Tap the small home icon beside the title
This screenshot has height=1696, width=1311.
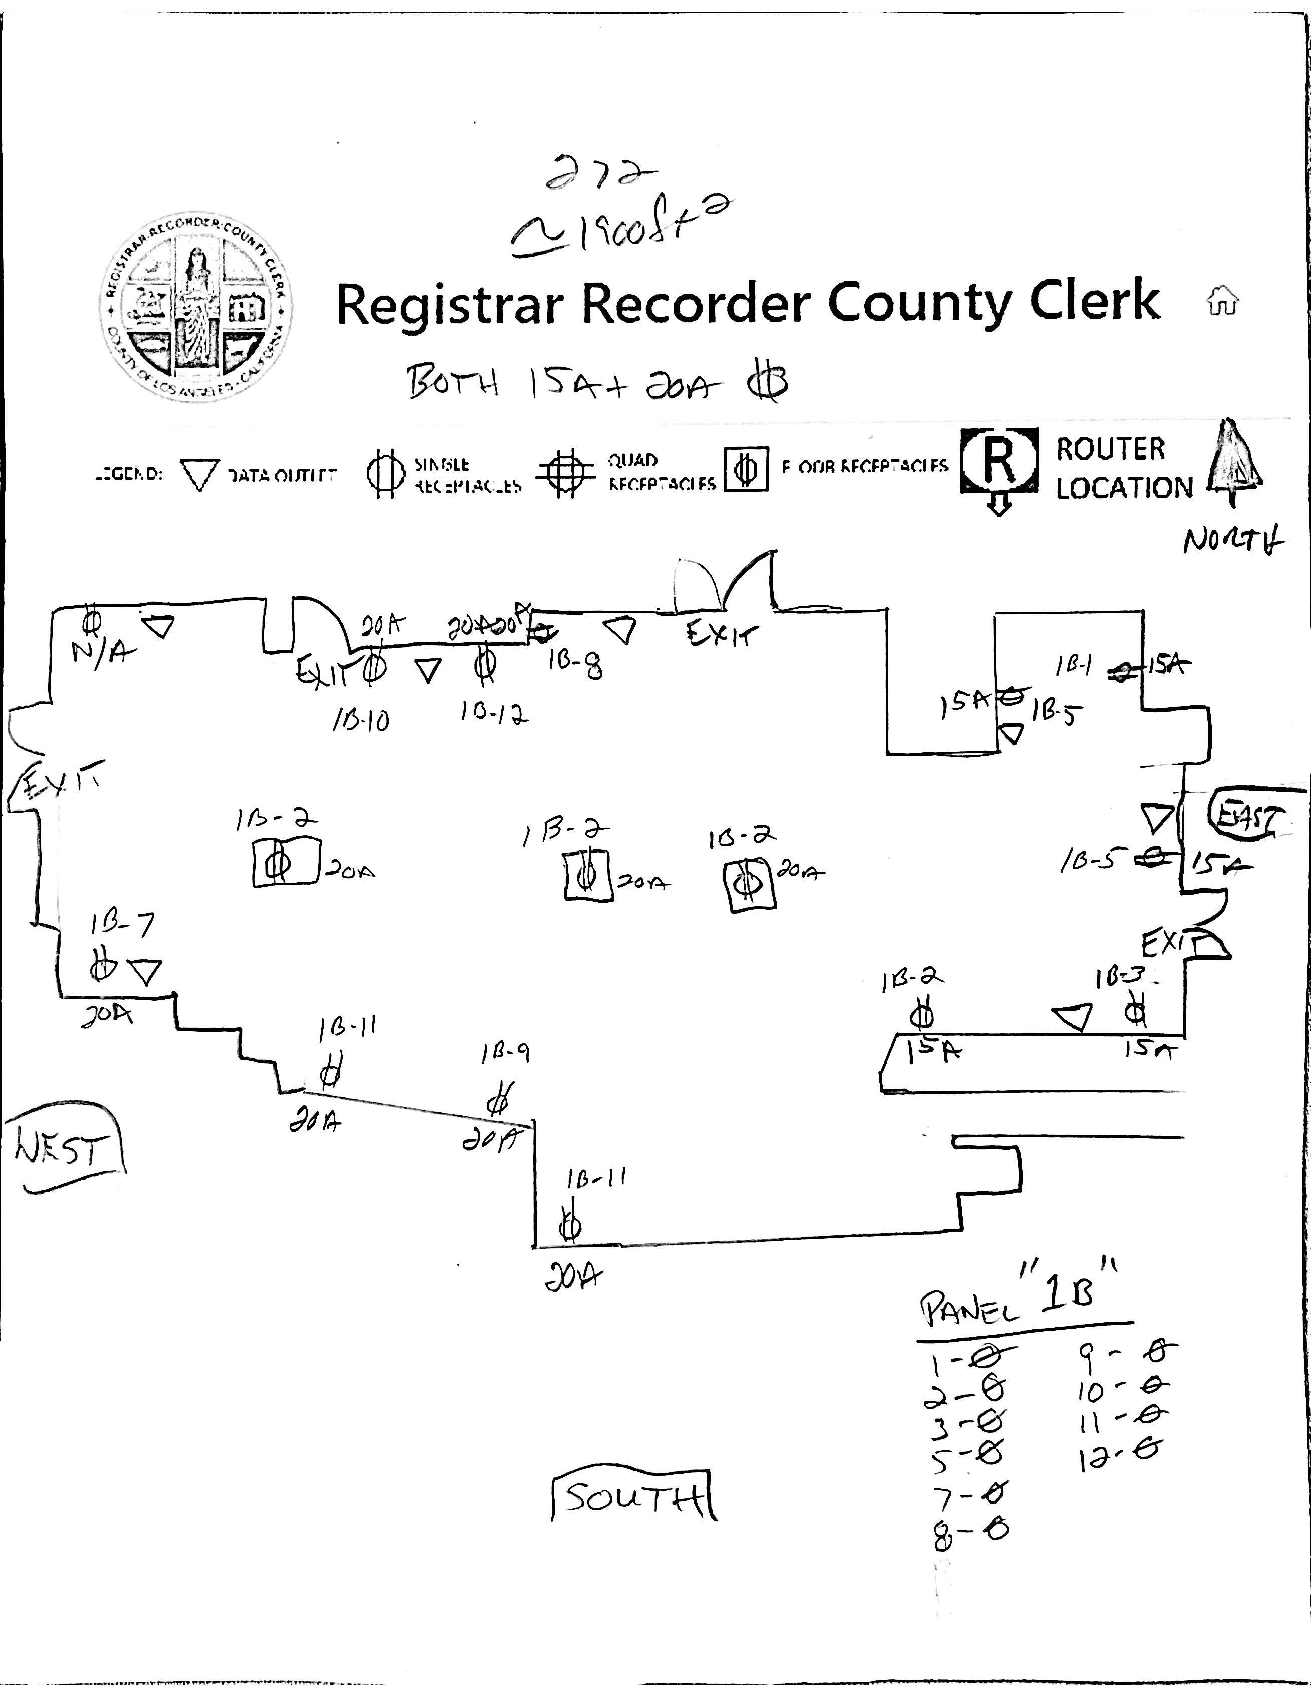coord(1222,300)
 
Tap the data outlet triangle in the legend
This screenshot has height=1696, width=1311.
coord(200,474)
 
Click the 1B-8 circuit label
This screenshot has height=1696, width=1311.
coord(575,665)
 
